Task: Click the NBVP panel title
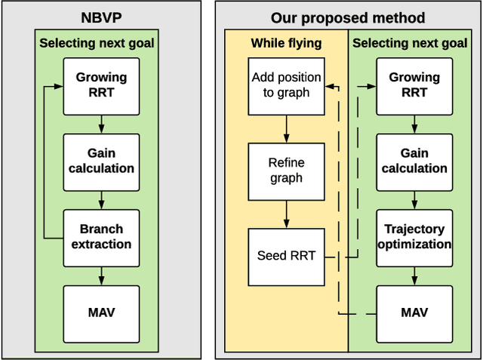101,17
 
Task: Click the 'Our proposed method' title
348,17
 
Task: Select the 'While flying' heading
285,43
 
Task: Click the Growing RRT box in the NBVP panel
101,85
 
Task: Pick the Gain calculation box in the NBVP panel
101,161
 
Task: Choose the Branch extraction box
101,237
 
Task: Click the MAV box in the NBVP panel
101,312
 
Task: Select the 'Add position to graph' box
285,85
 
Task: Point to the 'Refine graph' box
285,171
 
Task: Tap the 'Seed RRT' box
285,257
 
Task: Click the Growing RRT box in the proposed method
414,85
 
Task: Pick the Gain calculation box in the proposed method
414,161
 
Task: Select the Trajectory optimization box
414,237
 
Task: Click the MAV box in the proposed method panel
414,312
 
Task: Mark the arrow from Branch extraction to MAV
101,275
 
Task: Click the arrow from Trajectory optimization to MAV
414,275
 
